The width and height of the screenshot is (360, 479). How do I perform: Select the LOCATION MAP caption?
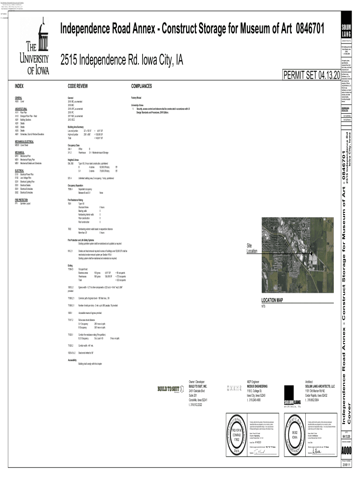(273, 300)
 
